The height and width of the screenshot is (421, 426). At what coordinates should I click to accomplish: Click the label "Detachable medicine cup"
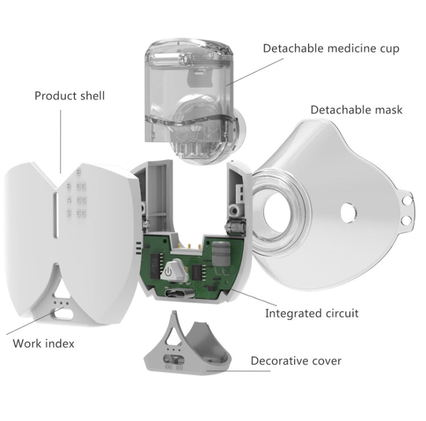(331, 48)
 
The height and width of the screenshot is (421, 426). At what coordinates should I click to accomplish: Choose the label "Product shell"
(70, 95)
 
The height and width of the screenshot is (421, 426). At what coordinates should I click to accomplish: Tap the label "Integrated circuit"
(312, 313)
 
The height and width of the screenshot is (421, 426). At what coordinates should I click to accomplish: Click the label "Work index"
(43, 343)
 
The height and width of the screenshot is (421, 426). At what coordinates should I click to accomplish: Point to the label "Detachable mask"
(356, 109)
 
